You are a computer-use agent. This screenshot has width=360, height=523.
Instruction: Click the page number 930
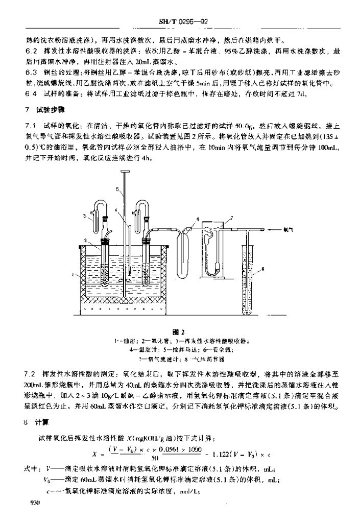(35, 503)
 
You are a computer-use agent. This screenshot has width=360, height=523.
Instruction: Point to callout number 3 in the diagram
(85, 217)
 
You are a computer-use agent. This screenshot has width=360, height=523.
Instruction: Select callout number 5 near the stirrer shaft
(117, 188)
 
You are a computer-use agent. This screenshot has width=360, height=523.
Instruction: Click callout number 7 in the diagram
(231, 217)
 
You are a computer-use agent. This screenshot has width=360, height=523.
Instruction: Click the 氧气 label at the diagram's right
(288, 230)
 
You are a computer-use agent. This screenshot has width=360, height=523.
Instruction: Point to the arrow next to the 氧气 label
(273, 230)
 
